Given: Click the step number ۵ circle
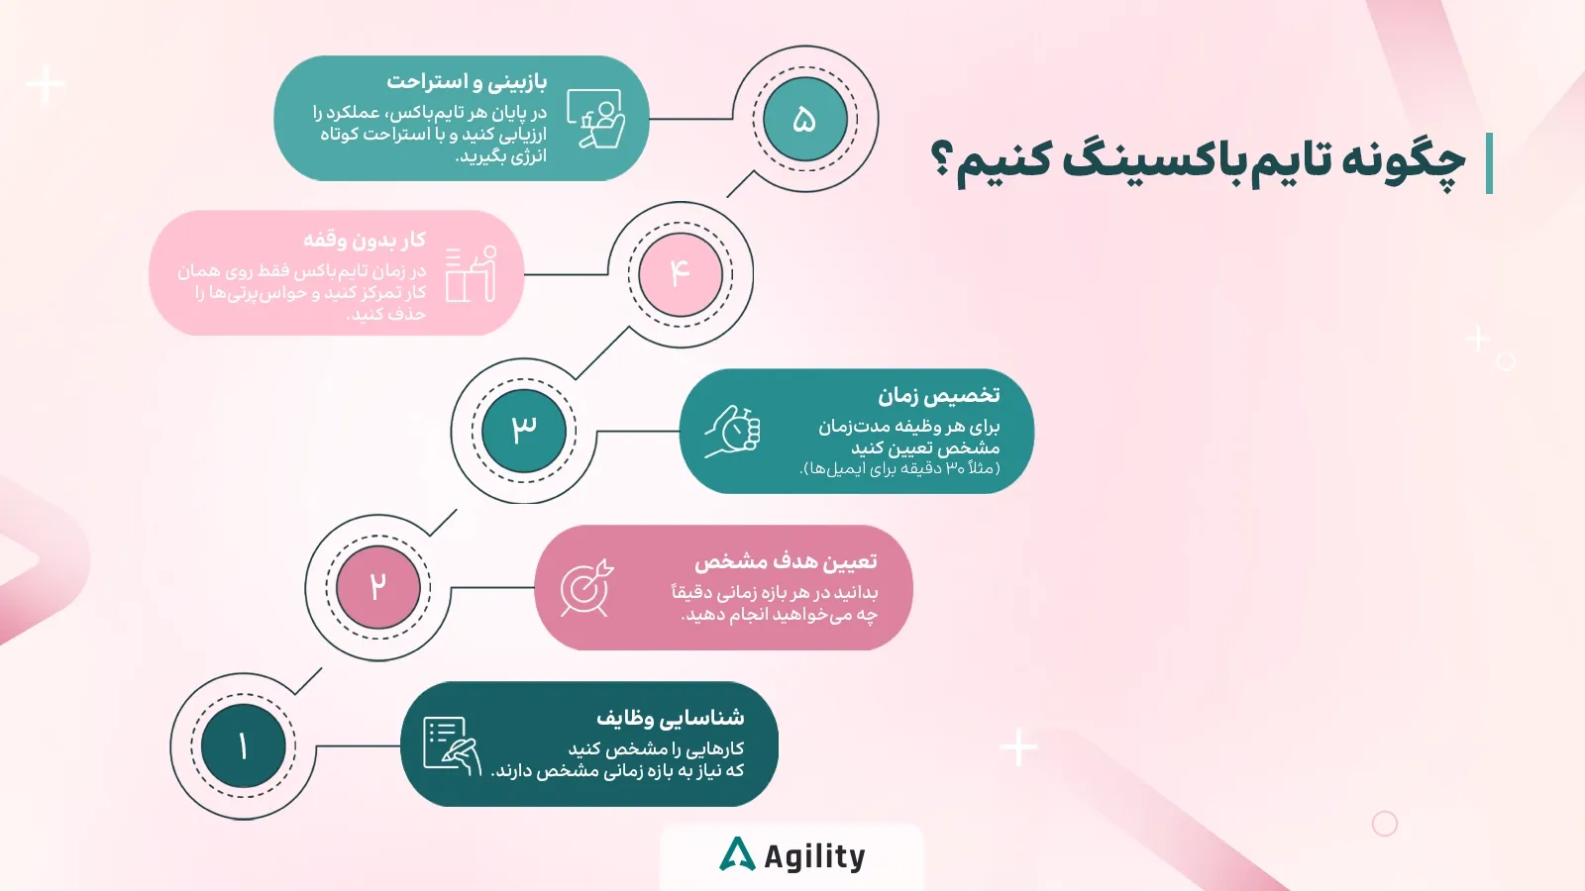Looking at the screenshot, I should click(804, 119).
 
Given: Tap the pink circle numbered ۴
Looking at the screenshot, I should click(680, 274).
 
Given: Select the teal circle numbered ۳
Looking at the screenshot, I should click(524, 431).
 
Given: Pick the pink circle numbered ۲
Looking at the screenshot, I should click(377, 587).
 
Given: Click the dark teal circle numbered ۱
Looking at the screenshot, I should click(243, 745).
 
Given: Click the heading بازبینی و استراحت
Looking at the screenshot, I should click(467, 81).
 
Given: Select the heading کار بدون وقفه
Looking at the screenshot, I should click(365, 240).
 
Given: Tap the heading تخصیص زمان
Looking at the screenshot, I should click(938, 396).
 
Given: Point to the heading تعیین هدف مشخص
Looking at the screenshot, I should click(786, 561).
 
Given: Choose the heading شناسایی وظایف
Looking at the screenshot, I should click(670, 717).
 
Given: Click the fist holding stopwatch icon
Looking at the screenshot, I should click(733, 432).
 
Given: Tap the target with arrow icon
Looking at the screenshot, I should click(586, 588).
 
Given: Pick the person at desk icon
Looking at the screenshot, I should click(471, 274).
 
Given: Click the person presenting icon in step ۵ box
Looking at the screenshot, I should click(595, 119).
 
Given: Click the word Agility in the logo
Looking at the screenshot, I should click(814, 856).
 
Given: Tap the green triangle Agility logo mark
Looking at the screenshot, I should click(737, 854).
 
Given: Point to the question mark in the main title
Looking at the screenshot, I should click(942, 160).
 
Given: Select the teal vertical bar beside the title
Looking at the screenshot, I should click(1489, 163).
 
